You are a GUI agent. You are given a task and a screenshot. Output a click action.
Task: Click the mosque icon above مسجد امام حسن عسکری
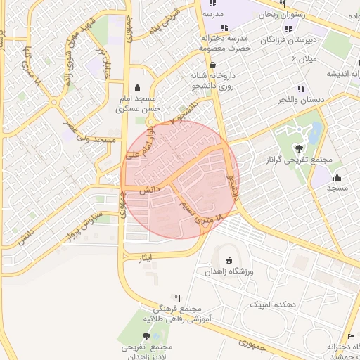click(x=136, y=88)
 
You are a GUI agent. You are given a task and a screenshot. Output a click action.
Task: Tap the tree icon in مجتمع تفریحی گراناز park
click(x=300, y=148)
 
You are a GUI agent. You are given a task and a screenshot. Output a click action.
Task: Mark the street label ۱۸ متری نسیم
click(x=207, y=212)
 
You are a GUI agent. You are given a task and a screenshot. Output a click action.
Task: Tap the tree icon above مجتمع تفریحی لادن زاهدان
click(x=146, y=336)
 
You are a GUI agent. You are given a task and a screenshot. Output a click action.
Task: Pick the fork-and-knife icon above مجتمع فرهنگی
click(x=177, y=298)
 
